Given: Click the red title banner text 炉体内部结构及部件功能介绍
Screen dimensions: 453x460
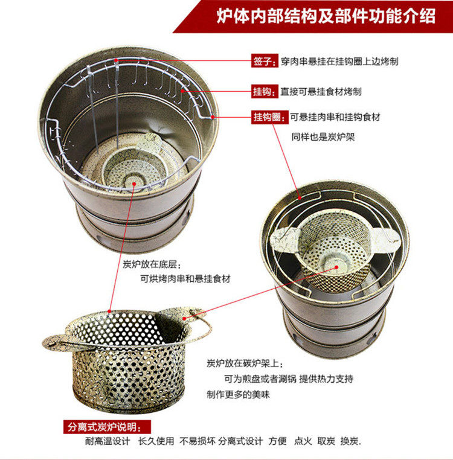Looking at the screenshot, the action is tap(326, 16).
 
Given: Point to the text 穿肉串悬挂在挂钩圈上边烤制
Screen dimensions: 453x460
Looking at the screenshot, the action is tap(339, 62).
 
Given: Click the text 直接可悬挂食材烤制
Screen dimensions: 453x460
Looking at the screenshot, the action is tap(321, 92).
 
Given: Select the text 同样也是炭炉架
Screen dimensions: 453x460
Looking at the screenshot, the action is tap(323, 136).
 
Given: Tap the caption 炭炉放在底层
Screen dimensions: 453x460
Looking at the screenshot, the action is tap(150, 264).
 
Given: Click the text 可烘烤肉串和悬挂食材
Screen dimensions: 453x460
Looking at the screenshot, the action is tap(185, 278).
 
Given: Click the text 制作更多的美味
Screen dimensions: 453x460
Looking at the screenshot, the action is tap(238, 395).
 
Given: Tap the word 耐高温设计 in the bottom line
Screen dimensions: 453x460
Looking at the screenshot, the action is tap(108, 441).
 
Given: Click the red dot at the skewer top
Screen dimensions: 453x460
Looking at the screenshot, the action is tap(116, 60).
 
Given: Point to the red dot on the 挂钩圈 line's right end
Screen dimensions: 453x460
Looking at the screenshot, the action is tap(213, 117).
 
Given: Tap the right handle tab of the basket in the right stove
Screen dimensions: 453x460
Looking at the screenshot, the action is tap(385, 238).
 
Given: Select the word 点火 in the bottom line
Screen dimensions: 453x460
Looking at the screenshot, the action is tap(303, 441).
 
